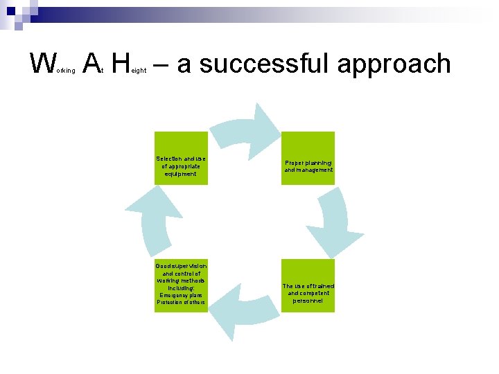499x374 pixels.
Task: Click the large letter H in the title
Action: click(x=120, y=64)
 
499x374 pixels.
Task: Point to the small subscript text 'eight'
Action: click(x=139, y=71)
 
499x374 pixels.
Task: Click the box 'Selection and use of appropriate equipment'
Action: click(x=181, y=159)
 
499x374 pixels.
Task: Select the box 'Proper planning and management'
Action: click(x=308, y=159)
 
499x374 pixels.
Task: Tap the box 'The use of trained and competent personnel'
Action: click(x=308, y=286)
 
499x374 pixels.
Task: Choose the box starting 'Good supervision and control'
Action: click(x=181, y=286)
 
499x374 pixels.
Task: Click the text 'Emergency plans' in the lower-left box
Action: click(x=181, y=295)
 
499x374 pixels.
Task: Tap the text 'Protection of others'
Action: click(x=181, y=303)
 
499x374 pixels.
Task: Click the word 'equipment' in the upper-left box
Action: click(x=181, y=174)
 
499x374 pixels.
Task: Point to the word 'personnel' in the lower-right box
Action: click(x=308, y=301)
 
